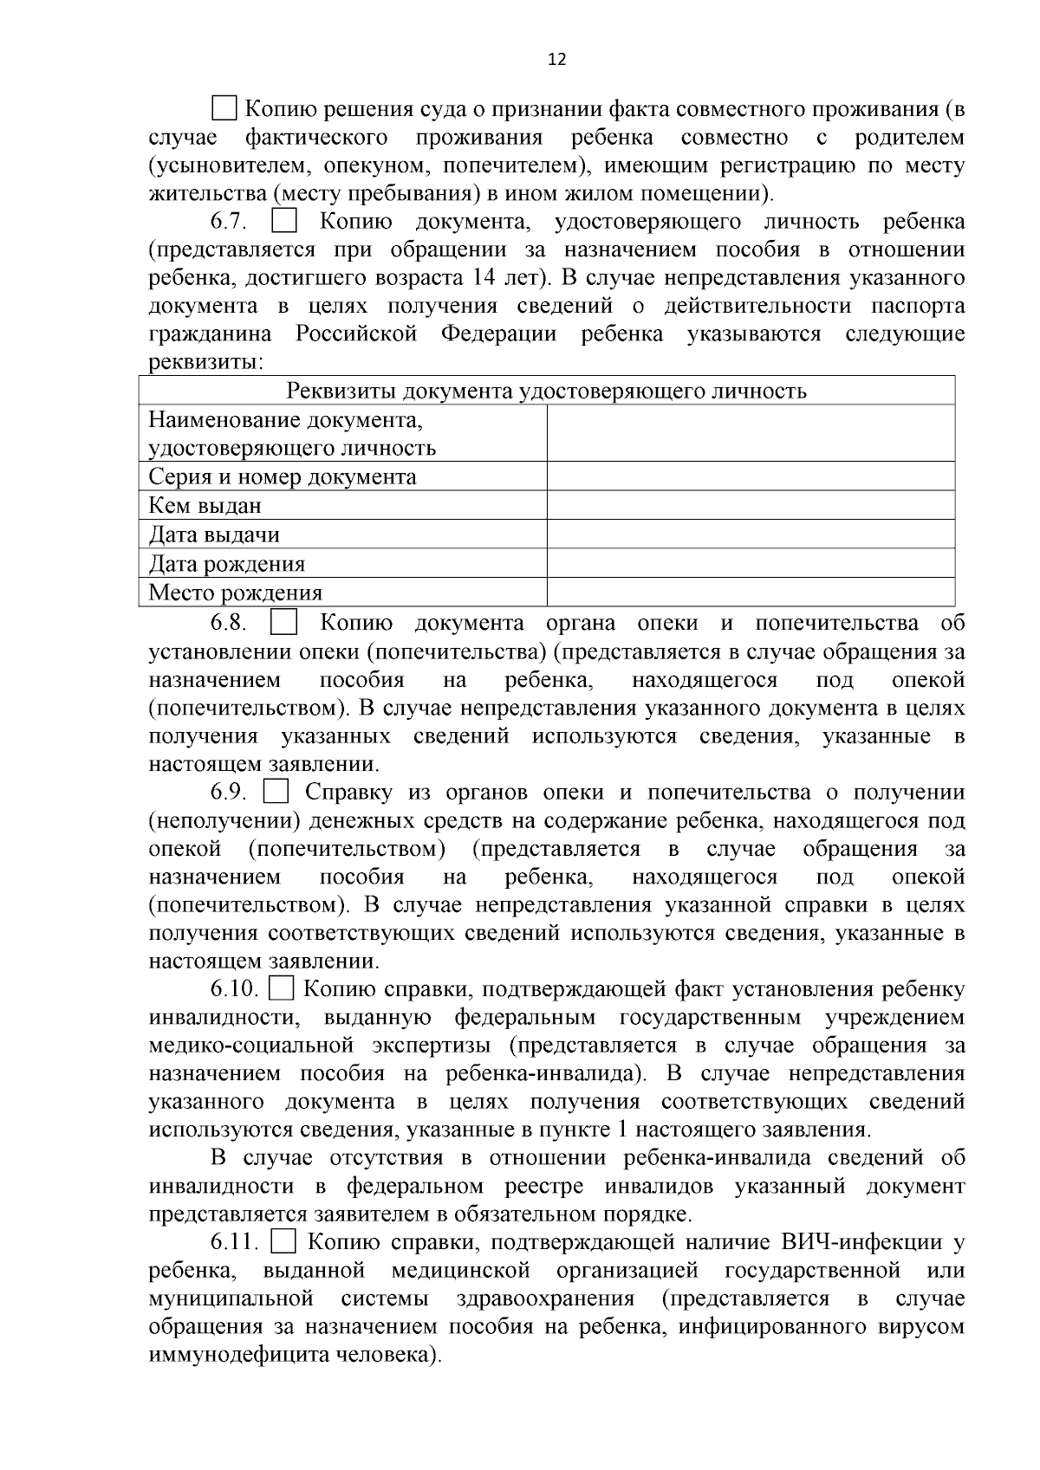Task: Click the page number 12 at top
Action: [557, 59]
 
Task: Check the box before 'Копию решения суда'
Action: [224, 109]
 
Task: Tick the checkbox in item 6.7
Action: [284, 222]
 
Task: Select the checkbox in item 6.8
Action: [284, 623]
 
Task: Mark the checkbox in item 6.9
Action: [276, 792]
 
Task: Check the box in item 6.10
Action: [283, 988]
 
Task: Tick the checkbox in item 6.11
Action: [283, 1242]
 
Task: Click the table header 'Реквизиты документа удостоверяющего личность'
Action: [547, 391]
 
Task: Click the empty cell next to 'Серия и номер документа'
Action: [751, 476]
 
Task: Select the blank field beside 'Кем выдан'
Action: [751, 505]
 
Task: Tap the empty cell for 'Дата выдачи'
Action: [751, 534]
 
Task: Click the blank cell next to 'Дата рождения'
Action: [751, 563]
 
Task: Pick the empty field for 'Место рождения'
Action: [751, 593]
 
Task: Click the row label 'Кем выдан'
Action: [205, 506]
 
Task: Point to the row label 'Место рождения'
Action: [236, 593]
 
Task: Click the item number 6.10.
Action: [233, 989]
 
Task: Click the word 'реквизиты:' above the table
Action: [205, 362]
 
